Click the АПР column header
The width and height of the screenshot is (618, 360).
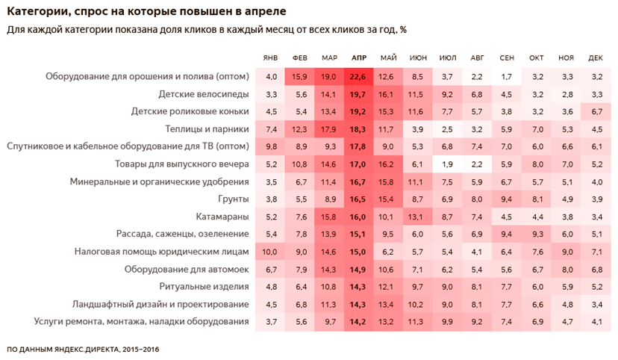(358, 58)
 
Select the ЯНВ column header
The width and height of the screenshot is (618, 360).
(272, 58)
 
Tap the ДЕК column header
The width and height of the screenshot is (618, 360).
(596, 58)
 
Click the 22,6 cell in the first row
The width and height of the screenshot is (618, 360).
(358, 76)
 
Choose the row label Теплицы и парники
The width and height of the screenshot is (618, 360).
(205, 129)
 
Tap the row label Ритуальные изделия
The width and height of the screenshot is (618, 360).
(204, 287)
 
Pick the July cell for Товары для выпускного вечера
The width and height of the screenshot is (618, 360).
(447, 164)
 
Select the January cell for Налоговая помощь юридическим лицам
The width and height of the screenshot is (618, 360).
(272, 252)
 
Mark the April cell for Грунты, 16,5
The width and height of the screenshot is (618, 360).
(358, 199)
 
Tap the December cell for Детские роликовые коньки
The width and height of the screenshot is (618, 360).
(596, 111)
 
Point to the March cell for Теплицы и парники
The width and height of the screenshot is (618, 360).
(328, 129)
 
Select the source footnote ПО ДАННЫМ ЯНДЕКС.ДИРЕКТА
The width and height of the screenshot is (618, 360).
(82, 349)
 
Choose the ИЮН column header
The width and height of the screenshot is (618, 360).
(418, 58)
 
